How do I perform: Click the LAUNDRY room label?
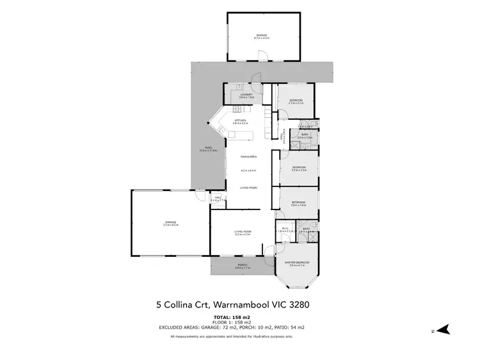pyautogui.click(x=246, y=95)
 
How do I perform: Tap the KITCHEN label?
pyautogui.click(x=241, y=120)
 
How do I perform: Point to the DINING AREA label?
pyautogui.click(x=248, y=156)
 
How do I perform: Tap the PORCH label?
pyautogui.click(x=242, y=265)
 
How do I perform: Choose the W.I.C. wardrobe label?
pyautogui.click(x=285, y=229)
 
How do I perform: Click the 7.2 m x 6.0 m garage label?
pyautogui.click(x=170, y=224)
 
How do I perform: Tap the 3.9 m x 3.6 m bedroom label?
pyautogui.click(x=298, y=205)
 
